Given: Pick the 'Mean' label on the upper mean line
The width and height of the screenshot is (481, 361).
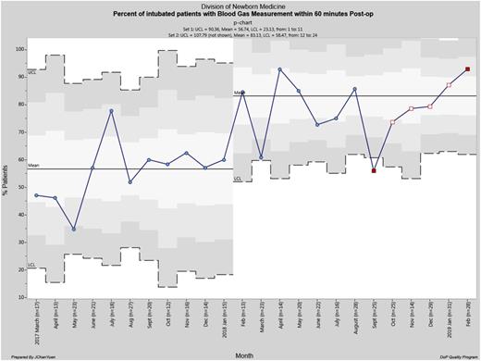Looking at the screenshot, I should point(239,93).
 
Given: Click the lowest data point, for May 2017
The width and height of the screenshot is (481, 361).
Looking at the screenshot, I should point(75,229).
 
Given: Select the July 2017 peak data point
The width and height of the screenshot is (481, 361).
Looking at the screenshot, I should point(112,111).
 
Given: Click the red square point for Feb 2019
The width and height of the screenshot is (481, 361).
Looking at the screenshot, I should point(468,69).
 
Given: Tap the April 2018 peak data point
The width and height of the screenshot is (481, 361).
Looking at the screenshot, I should point(279,69).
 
